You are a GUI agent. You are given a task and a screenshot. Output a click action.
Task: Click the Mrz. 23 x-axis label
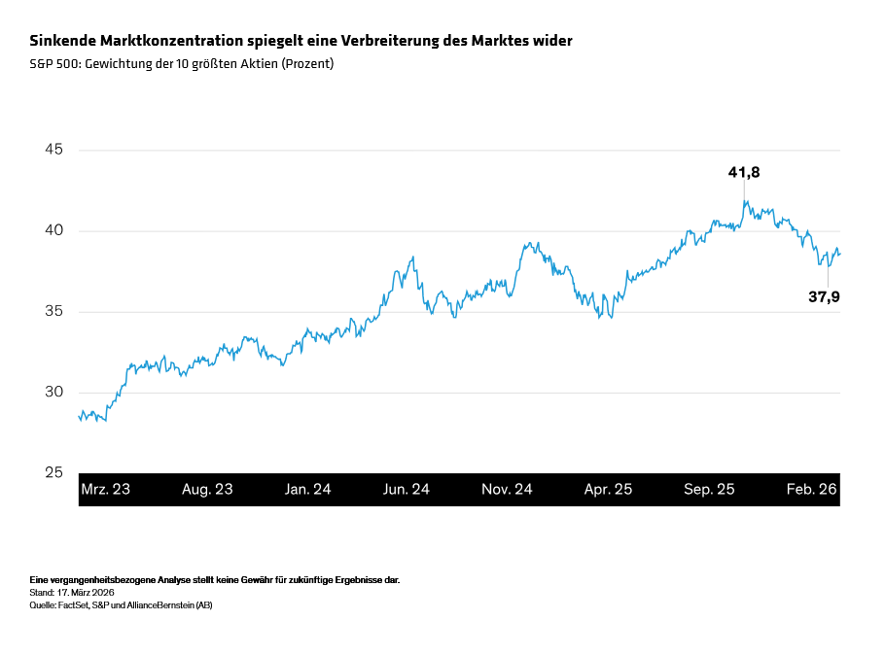[x=105, y=490]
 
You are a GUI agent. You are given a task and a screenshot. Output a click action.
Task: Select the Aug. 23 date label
[x=207, y=490]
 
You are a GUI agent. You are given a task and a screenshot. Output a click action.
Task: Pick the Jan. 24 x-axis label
[x=307, y=490]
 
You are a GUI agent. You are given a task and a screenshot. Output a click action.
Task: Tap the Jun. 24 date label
[x=407, y=490]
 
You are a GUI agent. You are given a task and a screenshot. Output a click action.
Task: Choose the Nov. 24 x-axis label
[x=507, y=490]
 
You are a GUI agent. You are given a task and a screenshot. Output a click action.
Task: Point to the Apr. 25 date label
[x=608, y=490]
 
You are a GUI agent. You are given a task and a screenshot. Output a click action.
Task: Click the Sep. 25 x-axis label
[x=709, y=490]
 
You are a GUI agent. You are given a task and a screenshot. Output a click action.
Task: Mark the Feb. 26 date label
[x=811, y=490]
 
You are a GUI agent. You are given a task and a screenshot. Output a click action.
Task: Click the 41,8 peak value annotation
[x=744, y=172]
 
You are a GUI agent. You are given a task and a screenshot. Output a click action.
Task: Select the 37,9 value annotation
[x=824, y=296]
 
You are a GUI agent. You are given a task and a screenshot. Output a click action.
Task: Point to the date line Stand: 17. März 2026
[x=73, y=592]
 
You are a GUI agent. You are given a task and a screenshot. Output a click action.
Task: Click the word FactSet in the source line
[x=74, y=604]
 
